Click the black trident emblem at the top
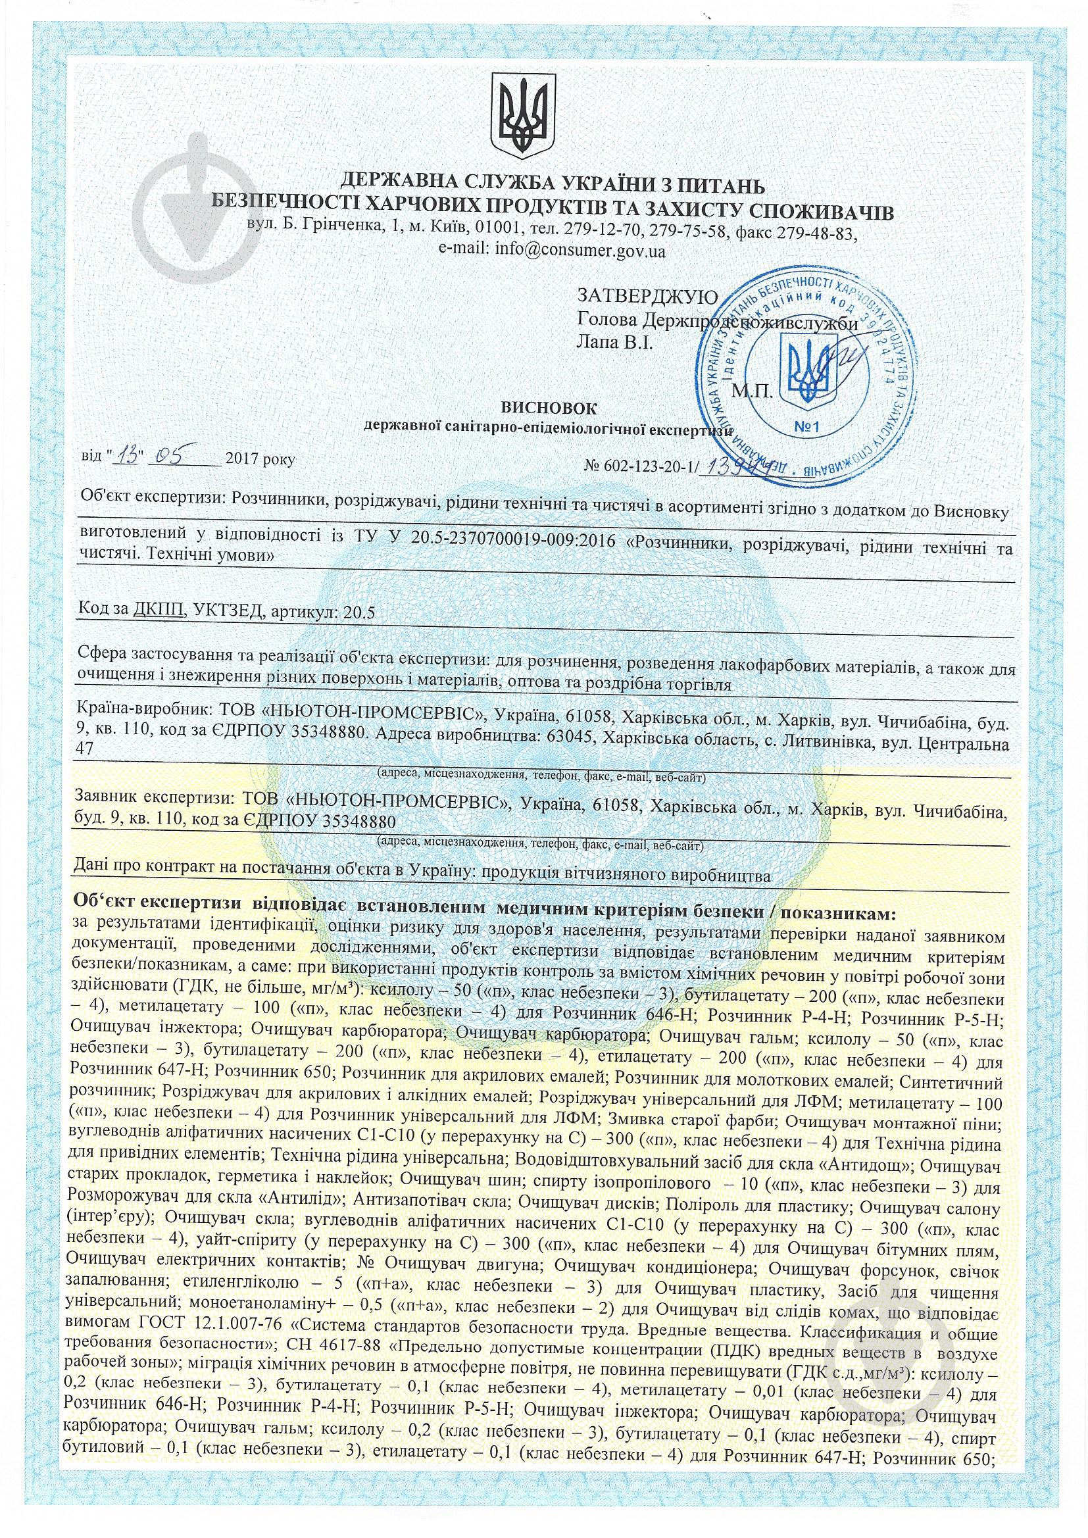coord(522,112)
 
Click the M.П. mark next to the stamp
coord(754,391)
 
